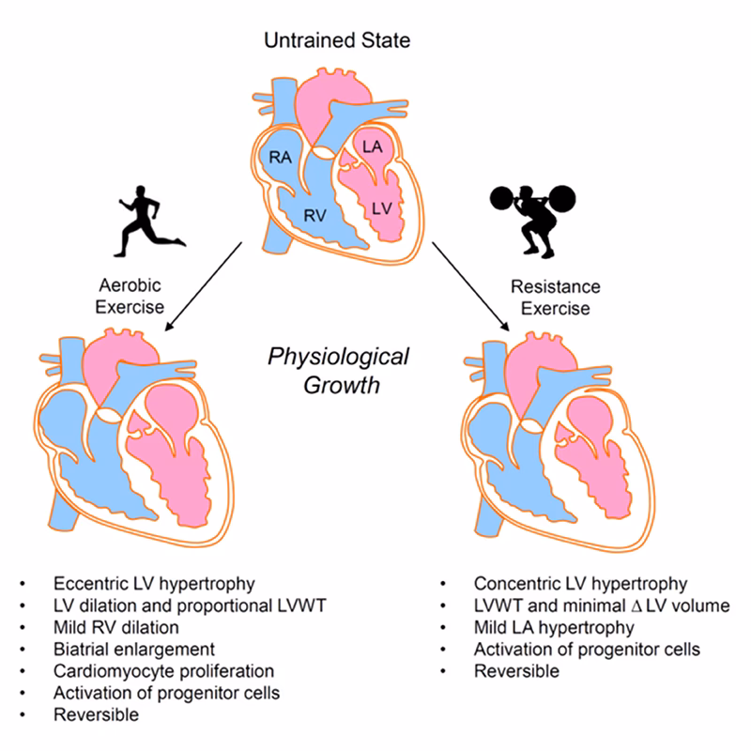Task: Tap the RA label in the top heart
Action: click(x=280, y=158)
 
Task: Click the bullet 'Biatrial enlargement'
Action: click(x=135, y=649)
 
